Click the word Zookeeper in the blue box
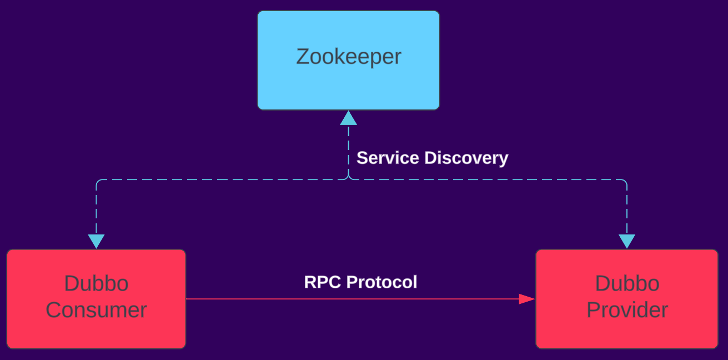(348, 57)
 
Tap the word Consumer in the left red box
(96, 310)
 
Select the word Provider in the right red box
(627, 310)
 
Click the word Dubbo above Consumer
(96, 284)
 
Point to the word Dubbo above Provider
(627, 284)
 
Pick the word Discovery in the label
(466, 158)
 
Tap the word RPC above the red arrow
(321, 282)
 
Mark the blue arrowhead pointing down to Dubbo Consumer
(96, 241)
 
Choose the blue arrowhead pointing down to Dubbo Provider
(627, 241)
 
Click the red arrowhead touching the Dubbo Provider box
(526, 299)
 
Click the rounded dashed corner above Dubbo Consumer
(98, 182)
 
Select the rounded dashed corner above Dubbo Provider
(625, 182)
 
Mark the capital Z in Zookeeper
(303, 57)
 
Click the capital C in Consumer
(54, 310)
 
